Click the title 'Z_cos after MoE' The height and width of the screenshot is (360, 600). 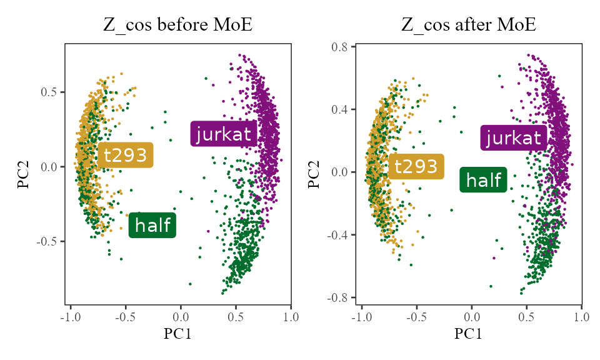[469, 26]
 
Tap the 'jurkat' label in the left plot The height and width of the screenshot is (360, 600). [223, 134]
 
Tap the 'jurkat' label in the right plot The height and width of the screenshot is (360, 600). [513, 137]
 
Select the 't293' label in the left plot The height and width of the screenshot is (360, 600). [126, 155]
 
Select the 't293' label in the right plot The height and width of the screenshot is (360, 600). [416, 166]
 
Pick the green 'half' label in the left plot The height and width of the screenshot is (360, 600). [152, 225]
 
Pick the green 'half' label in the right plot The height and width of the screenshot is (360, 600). [484, 180]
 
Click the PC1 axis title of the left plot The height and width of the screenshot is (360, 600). [177, 334]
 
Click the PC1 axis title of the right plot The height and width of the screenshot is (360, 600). [469, 334]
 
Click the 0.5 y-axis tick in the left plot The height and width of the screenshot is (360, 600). [49, 92]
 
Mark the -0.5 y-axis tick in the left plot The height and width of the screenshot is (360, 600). [47, 241]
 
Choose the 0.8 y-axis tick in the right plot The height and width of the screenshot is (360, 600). [341, 46]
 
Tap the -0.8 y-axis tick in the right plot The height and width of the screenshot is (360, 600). [339, 297]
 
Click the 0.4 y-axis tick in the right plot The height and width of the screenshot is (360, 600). [341, 109]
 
